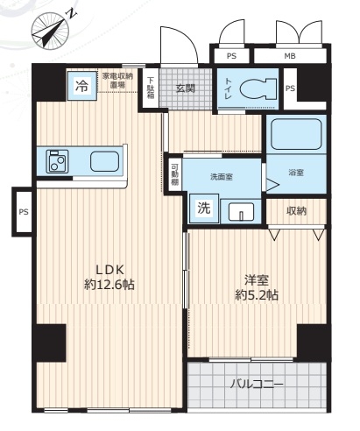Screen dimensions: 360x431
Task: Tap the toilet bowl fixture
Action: [258, 88]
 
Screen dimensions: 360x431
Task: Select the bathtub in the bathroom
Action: [296, 134]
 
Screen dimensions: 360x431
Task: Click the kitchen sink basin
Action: [104, 161]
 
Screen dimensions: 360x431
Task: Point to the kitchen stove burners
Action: [57, 161]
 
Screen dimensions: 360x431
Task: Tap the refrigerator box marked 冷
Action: [82, 86]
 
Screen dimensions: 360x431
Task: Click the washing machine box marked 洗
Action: [204, 208]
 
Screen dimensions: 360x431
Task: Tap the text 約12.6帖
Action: [109, 285]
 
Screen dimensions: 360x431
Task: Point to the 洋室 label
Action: [257, 280]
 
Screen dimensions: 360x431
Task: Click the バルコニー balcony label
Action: [257, 384]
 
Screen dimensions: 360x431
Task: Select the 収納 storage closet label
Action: [296, 211]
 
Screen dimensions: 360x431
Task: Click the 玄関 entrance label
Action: [186, 88]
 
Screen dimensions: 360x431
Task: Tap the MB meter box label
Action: [290, 56]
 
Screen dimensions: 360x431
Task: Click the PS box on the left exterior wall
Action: [24, 211]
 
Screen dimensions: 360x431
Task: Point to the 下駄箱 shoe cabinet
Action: [151, 88]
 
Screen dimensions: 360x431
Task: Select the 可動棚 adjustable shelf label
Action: [174, 175]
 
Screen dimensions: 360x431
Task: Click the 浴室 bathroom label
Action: [296, 173]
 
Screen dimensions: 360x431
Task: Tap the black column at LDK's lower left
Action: [49, 343]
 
